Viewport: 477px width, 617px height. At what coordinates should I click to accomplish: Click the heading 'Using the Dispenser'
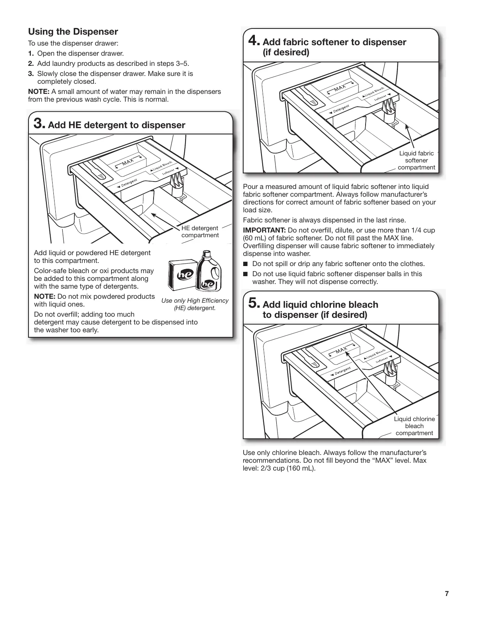tap(73, 32)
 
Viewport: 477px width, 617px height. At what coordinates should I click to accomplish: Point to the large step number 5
tap(253, 303)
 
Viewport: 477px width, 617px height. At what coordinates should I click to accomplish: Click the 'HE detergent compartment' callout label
tap(200, 232)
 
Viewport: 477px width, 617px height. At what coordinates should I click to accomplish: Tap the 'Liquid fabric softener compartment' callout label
tap(416, 160)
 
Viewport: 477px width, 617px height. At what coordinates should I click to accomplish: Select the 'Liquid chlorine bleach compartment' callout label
tap(414, 426)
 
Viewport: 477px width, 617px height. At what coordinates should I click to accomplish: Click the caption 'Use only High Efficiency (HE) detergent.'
tap(195, 304)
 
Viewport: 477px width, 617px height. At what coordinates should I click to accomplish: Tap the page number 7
tap(447, 594)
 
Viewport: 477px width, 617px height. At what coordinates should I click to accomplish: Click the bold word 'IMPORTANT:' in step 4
tap(264, 230)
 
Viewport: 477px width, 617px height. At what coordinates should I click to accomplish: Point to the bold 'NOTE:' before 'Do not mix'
tap(44, 296)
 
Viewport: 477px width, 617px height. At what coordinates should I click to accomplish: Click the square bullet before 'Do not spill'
tap(246, 264)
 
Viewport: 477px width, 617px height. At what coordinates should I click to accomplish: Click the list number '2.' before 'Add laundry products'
tap(31, 63)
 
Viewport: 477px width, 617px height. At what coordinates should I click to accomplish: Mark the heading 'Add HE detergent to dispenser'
tap(117, 125)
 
